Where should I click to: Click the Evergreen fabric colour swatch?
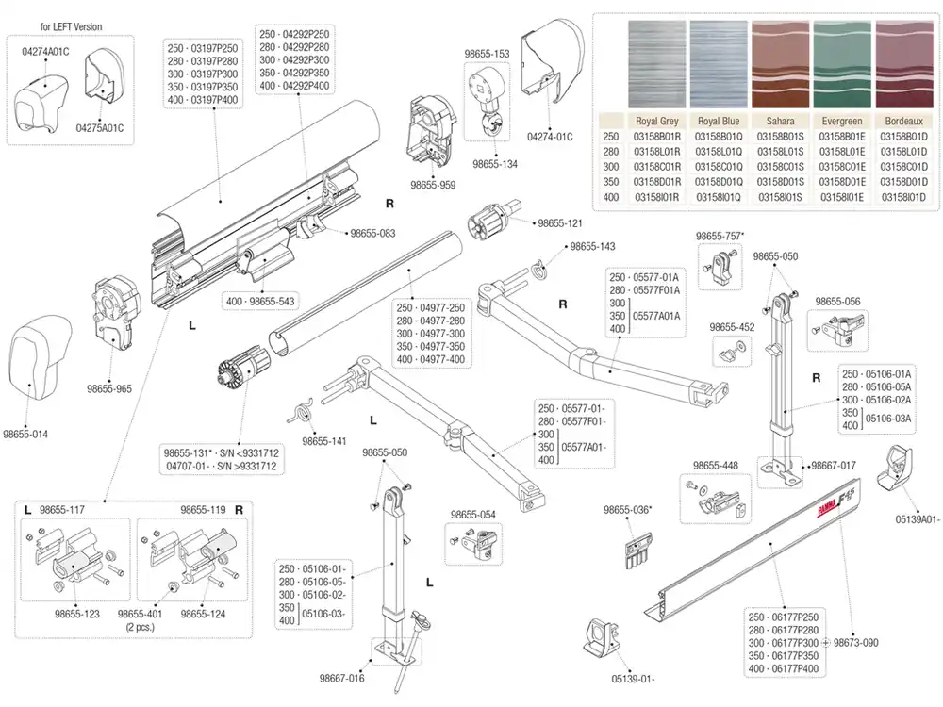coord(842,64)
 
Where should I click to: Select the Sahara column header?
coord(780,121)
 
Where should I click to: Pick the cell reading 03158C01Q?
coord(719,167)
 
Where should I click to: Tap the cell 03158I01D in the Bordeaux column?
coord(904,197)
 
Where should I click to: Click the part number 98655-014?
coord(25,434)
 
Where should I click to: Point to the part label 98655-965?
coord(108,388)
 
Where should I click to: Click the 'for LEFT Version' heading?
coord(71,26)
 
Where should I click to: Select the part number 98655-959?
coord(433,185)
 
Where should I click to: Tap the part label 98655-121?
coord(560,223)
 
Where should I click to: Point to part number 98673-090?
coord(856,642)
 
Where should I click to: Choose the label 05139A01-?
coord(918,519)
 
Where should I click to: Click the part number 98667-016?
coord(341,678)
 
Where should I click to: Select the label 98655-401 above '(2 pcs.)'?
coord(141,614)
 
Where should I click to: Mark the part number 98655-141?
coord(324,441)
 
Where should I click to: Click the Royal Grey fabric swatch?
coord(656,64)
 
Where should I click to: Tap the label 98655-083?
coord(372,233)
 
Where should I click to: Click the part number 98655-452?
coord(732,327)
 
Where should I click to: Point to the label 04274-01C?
coord(550,137)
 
